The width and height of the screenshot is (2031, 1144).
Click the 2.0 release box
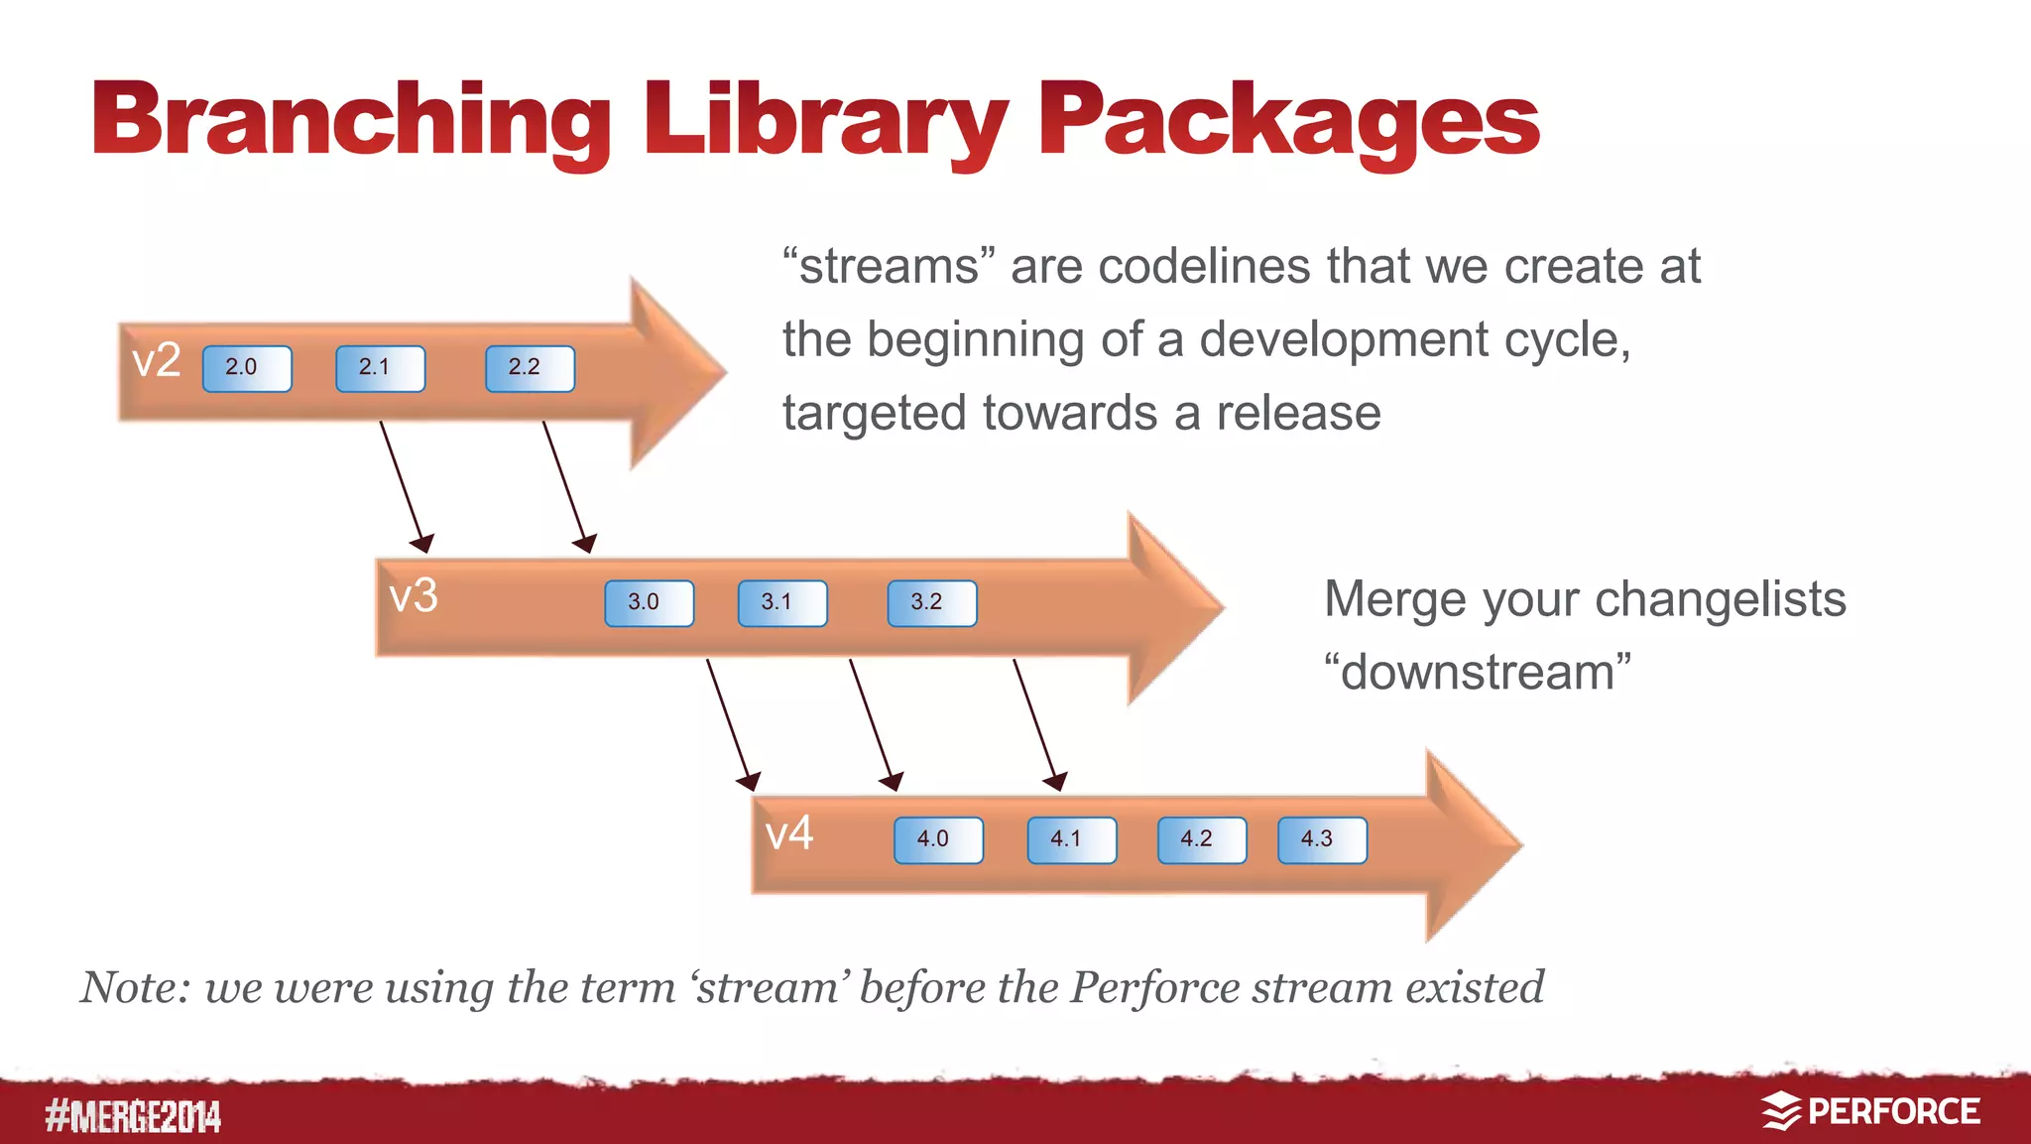[x=247, y=368]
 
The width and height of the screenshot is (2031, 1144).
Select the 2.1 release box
[x=380, y=368]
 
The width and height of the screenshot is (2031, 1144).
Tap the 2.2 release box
[x=530, y=368]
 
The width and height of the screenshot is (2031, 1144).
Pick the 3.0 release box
[x=649, y=603]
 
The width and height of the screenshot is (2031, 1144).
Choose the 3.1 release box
[x=782, y=603]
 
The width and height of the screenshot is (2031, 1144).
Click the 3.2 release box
[x=931, y=603]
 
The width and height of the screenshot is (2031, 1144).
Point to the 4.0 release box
[x=938, y=839]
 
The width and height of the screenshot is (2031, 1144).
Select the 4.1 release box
[x=1071, y=839]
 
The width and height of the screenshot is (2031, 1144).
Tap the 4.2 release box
[x=1201, y=839]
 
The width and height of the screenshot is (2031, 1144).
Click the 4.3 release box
[x=1322, y=839]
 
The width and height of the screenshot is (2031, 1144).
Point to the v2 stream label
[x=157, y=360]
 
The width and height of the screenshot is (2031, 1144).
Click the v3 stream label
[x=414, y=596]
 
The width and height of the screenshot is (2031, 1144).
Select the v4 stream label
[x=789, y=832]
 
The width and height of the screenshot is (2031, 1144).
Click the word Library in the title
[x=825, y=121]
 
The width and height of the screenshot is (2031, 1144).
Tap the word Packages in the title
[x=1287, y=121]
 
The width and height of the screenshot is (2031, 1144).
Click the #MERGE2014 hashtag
[x=133, y=1116]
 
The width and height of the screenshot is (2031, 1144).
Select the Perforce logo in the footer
[x=1870, y=1111]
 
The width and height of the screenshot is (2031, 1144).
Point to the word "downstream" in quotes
[x=1478, y=672]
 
